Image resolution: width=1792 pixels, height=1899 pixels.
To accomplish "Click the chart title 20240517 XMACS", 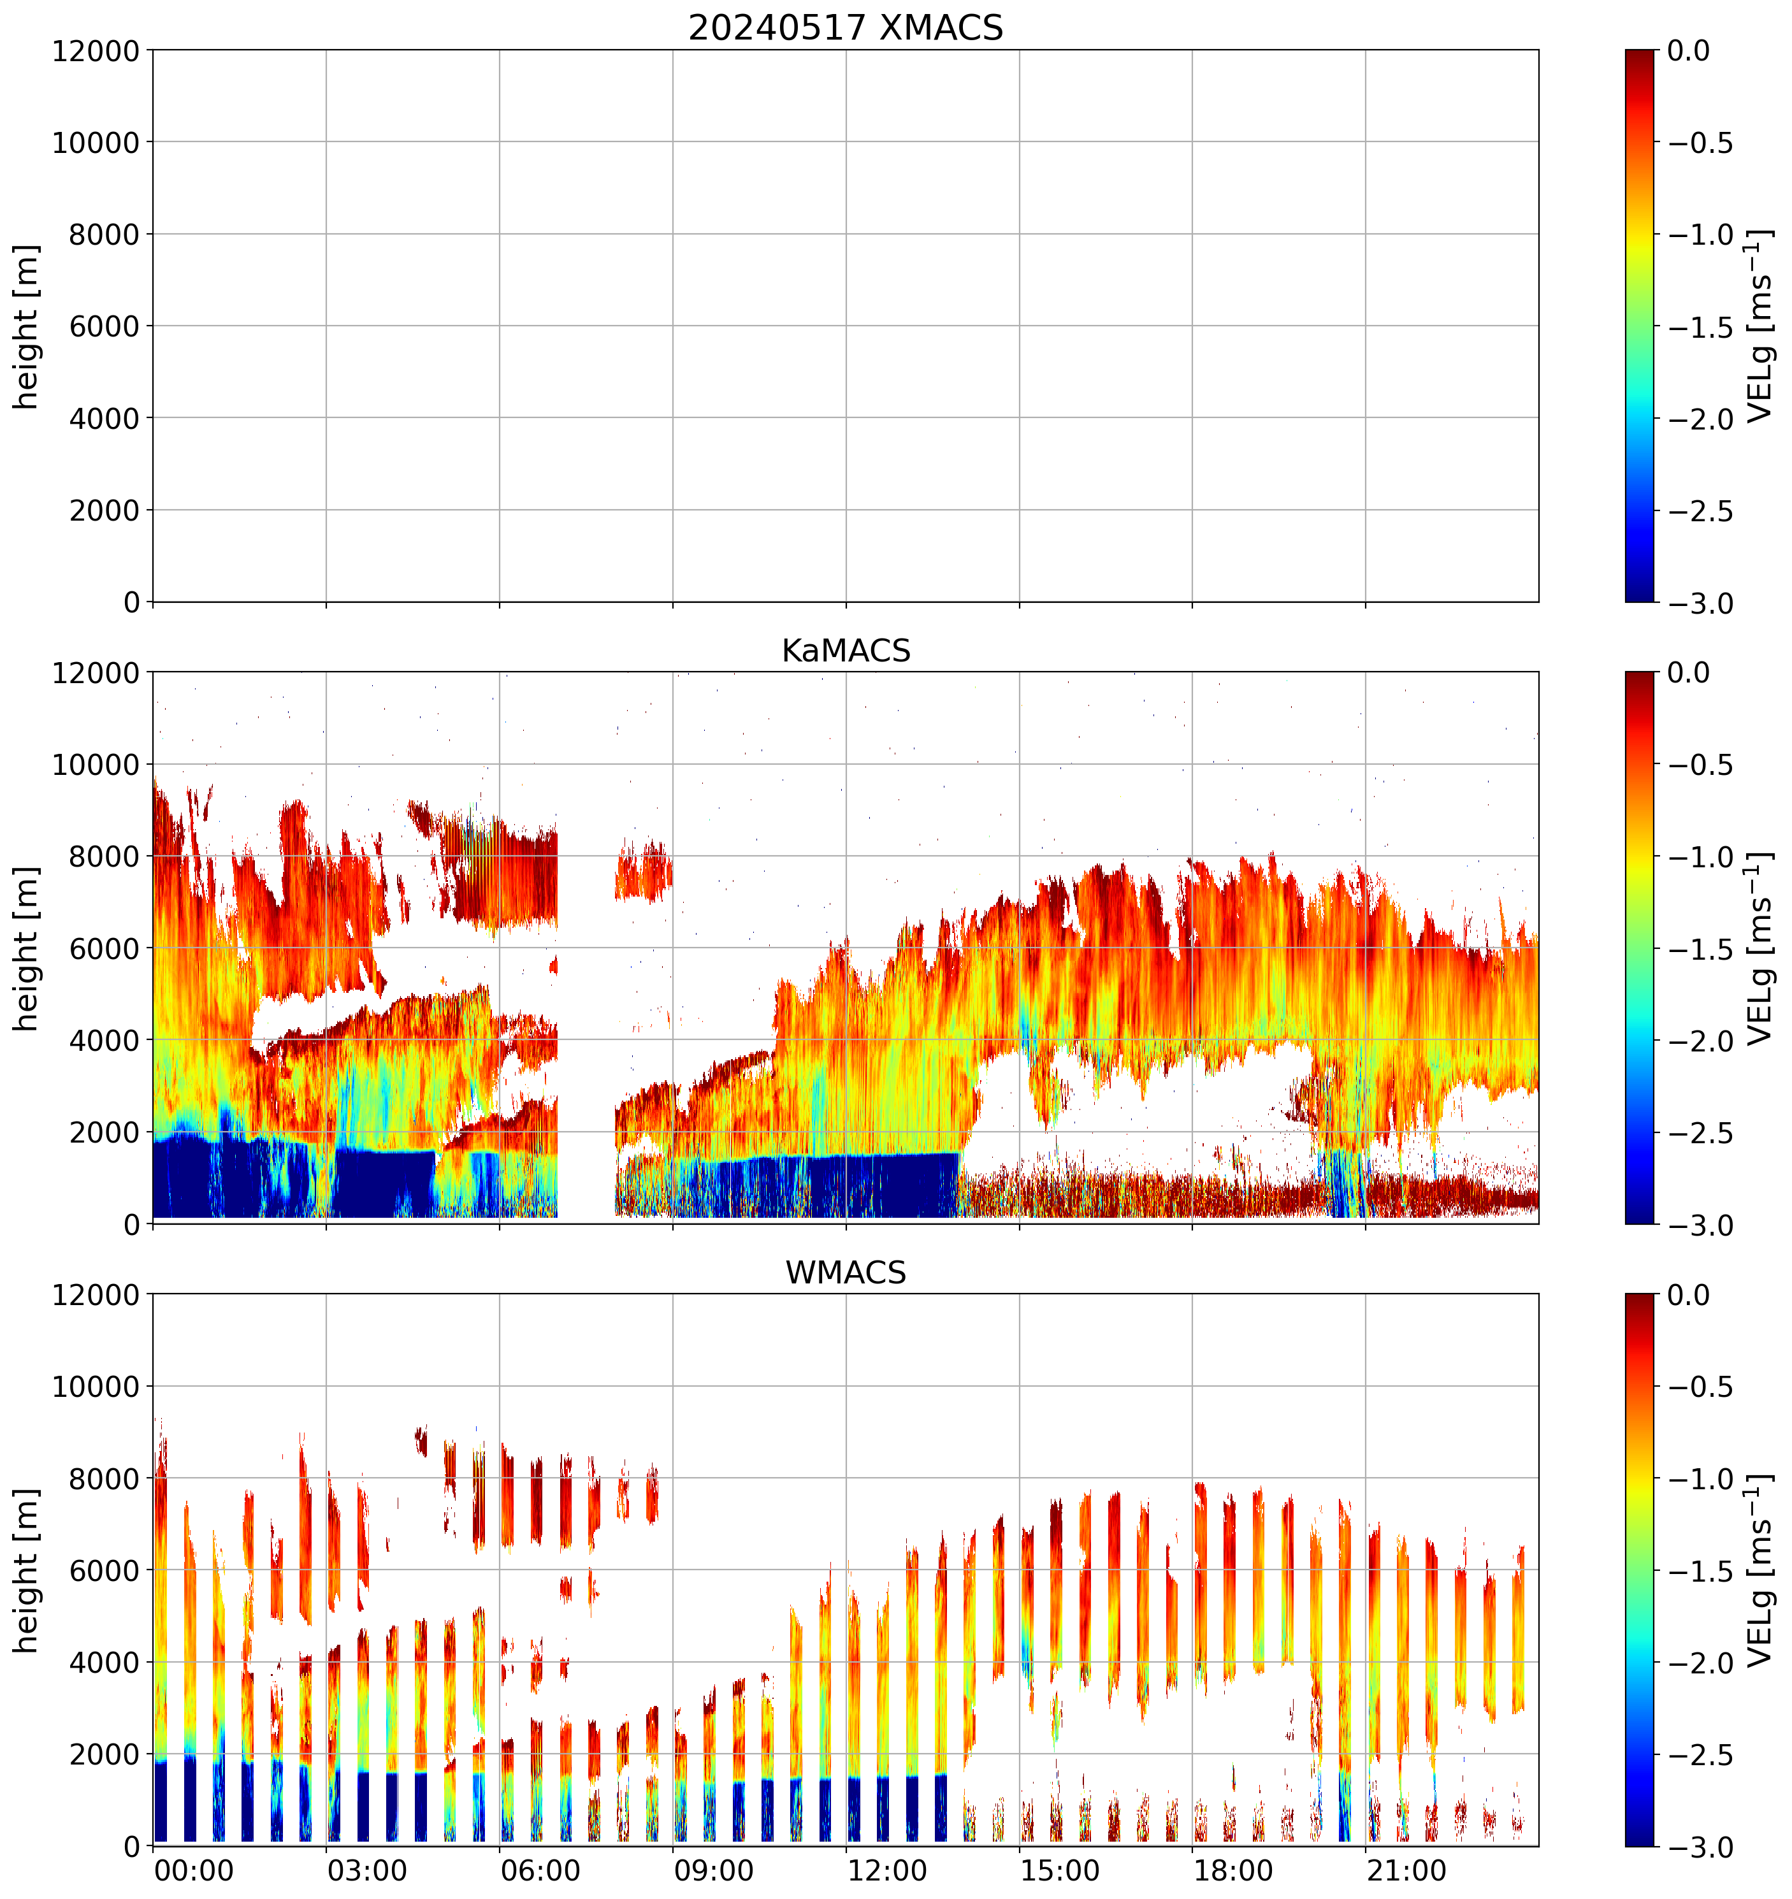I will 846,27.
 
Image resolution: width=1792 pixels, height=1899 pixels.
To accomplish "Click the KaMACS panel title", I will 846,651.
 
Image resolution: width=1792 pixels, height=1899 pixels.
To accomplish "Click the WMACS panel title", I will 846,1273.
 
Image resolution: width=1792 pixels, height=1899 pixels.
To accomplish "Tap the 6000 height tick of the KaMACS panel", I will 103,948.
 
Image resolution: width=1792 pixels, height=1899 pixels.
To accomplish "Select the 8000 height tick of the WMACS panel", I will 103,1478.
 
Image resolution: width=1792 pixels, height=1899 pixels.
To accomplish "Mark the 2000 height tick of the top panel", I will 103,510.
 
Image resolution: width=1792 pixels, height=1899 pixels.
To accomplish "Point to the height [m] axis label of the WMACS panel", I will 27,1570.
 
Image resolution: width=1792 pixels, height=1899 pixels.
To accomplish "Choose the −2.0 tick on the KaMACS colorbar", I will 1700,1040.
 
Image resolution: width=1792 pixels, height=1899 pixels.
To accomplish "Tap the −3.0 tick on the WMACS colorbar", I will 1700,1847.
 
